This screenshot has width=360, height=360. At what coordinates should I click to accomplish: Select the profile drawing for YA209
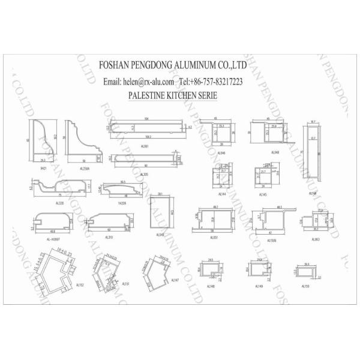pyautogui.click(x=124, y=190)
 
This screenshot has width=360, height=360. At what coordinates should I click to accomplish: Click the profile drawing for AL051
pyautogui.click(x=214, y=221)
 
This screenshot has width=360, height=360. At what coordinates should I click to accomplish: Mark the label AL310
pyautogui.click(x=109, y=238)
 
